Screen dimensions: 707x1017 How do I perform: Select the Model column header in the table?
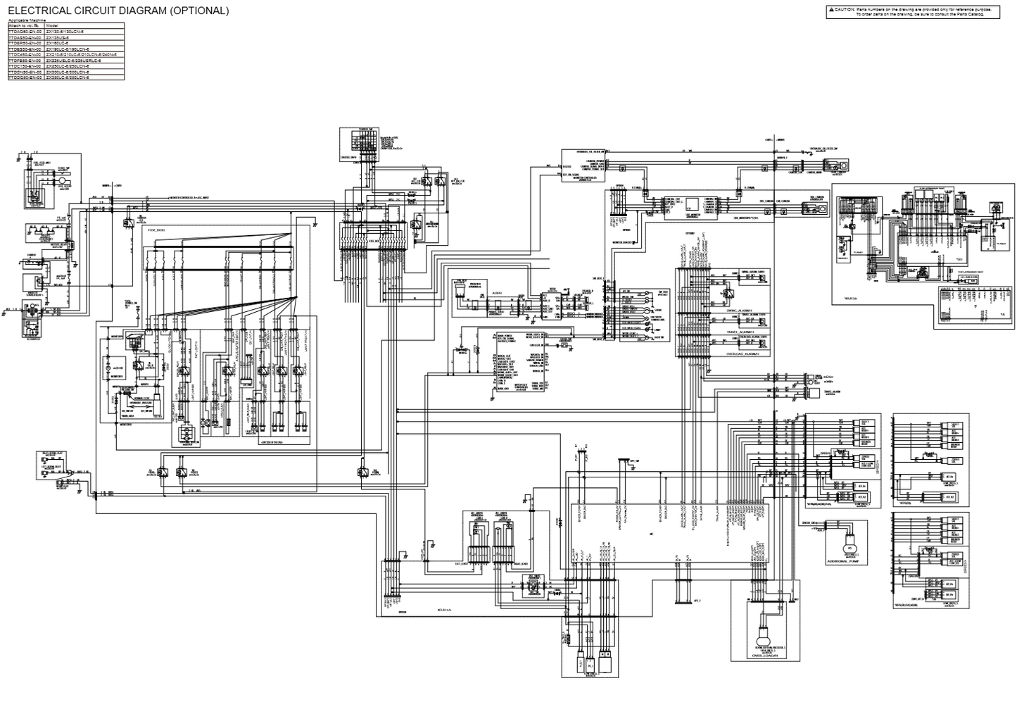(53, 26)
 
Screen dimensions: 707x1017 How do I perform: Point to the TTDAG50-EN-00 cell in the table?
(25, 32)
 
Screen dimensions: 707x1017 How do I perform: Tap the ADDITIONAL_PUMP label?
(847, 562)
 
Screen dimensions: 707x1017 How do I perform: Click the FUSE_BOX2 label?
(155, 230)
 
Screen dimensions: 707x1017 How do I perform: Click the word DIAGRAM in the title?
(132, 11)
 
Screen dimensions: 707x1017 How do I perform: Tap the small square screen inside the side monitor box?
(691, 204)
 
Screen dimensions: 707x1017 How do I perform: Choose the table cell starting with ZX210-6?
(81, 54)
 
